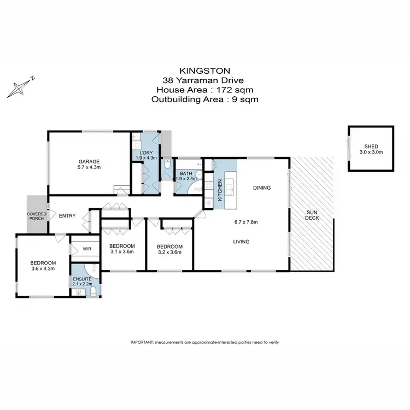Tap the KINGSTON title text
coord(204,71)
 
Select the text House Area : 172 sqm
coord(204,90)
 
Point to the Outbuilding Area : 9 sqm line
coord(204,99)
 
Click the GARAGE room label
coord(89,161)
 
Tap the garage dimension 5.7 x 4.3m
coord(89,167)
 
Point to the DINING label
coord(262,188)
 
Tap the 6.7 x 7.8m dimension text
coord(245,222)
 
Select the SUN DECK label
coord(312,214)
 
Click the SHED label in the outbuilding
coord(371,147)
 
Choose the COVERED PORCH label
coord(37,216)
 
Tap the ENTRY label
coord(67,215)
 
